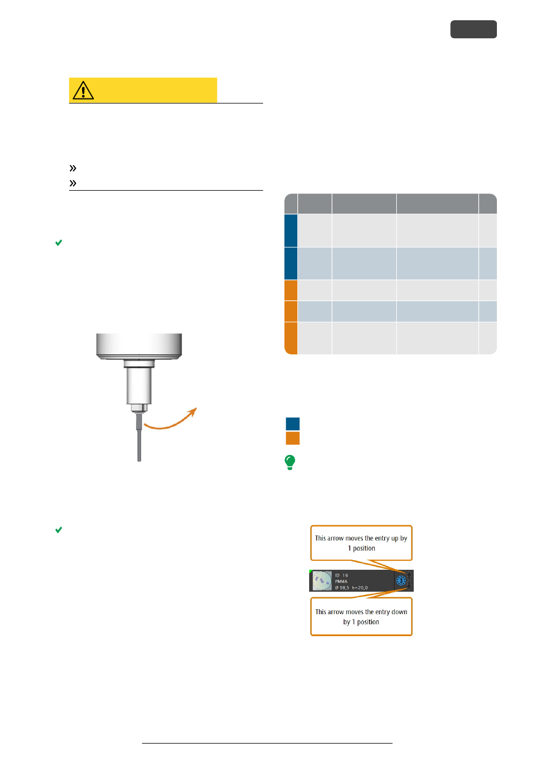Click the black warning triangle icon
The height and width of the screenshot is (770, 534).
(x=83, y=91)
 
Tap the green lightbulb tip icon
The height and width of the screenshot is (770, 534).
(x=289, y=462)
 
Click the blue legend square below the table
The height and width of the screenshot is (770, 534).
(x=292, y=424)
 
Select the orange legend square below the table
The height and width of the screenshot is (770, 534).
(x=292, y=438)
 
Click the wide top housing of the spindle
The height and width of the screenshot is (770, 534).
(x=139, y=345)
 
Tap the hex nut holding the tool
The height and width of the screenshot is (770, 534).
(x=139, y=408)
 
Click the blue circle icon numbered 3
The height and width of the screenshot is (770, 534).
(x=401, y=580)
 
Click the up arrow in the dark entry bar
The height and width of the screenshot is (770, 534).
(x=409, y=575)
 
